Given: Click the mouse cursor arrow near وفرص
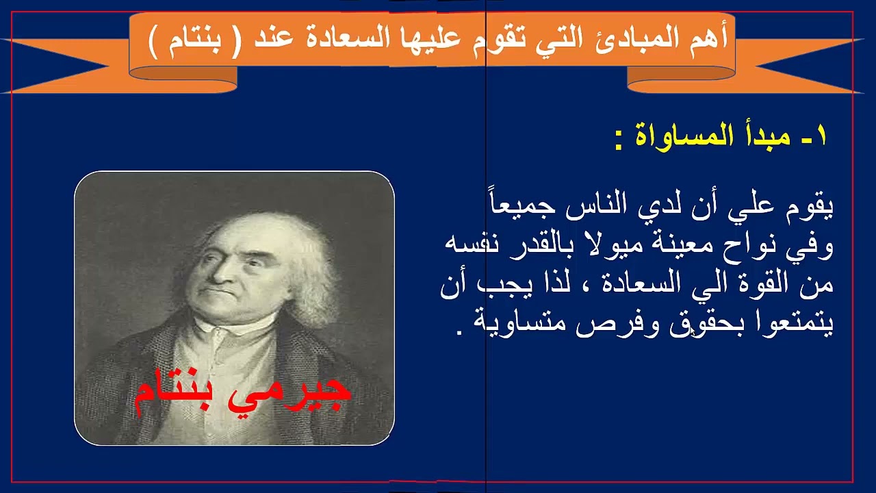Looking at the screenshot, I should [x=693, y=332].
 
